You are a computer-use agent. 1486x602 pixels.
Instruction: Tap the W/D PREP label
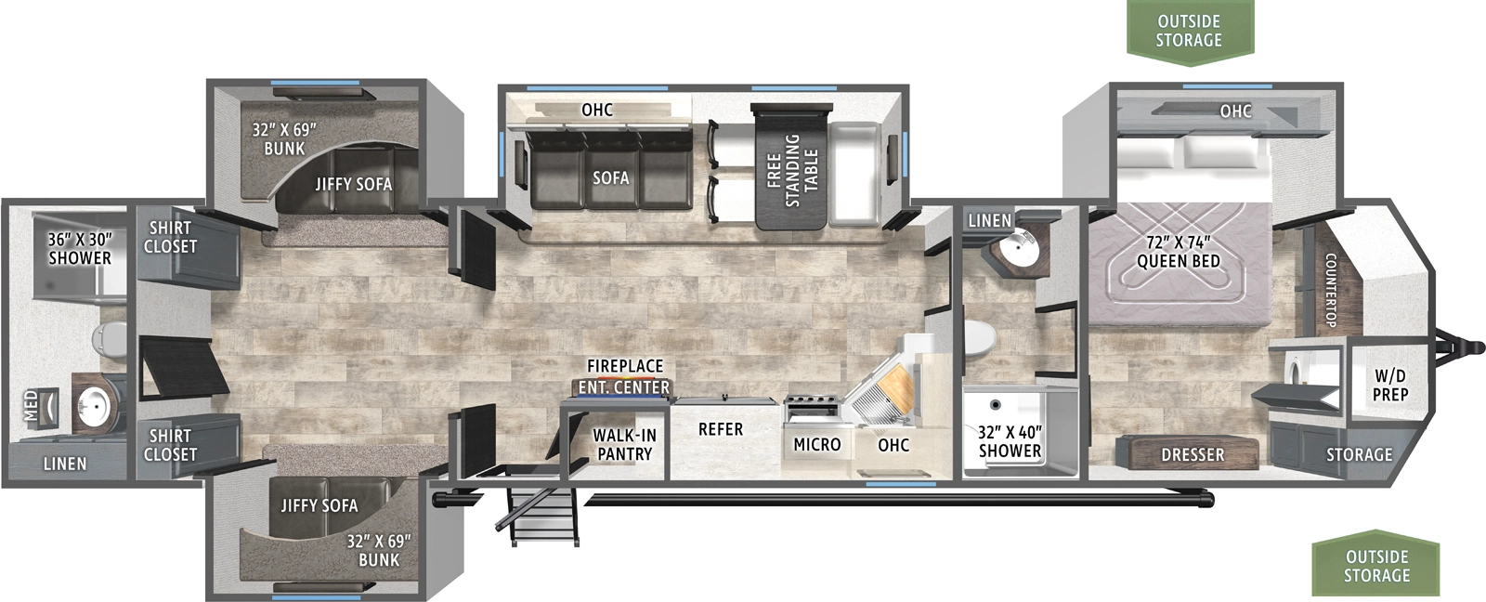pyautogui.click(x=1389, y=385)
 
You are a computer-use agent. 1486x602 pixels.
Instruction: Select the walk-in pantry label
pyautogui.click(x=624, y=444)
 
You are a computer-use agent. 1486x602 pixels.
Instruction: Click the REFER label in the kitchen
pyautogui.click(x=721, y=429)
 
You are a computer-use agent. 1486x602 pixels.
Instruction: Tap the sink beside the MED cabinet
pyautogui.click(x=94, y=405)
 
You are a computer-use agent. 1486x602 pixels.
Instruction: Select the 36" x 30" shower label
pyautogui.click(x=79, y=248)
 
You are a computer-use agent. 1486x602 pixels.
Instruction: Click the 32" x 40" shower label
pyautogui.click(x=1010, y=441)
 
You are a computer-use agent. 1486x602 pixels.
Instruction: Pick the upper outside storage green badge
pyautogui.click(x=1189, y=32)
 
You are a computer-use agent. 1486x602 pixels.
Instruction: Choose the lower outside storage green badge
pyautogui.click(x=1376, y=566)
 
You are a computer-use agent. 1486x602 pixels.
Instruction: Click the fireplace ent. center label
pyautogui.click(x=624, y=376)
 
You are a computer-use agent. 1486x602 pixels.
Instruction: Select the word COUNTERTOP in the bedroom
pyautogui.click(x=1330, y=290)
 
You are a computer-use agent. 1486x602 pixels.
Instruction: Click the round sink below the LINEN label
pyautogui.click(x=1019, y=247)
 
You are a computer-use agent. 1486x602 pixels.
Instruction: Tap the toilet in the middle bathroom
pyautogui.click(x=981, y=335)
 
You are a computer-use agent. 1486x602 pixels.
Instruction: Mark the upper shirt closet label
pyautogui.click(x=170, y=237)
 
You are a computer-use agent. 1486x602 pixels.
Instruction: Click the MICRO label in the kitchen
pyautogui.click(x=817, y=445)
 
